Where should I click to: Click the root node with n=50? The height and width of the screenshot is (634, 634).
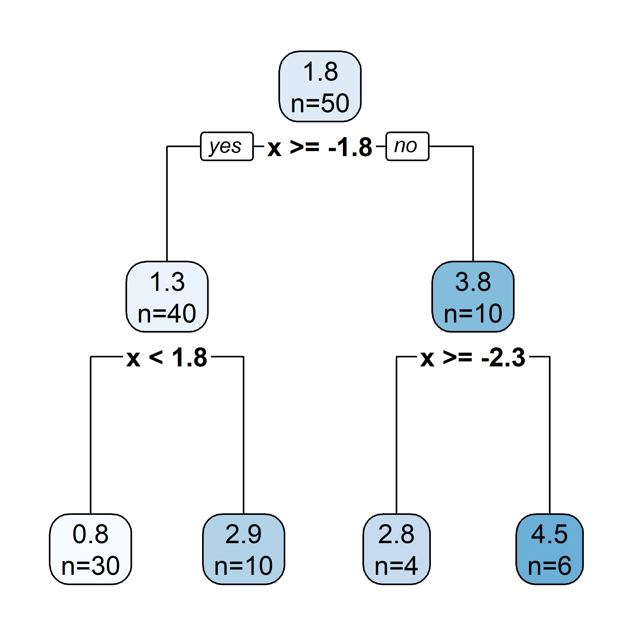[320, 87]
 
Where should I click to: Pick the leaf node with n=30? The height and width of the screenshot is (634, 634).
[91, 549]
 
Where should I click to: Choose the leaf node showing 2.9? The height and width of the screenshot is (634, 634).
[244, 549]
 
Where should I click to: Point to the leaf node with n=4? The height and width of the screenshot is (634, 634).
[397, 549]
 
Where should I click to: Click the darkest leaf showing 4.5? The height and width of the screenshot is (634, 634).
[549, 549]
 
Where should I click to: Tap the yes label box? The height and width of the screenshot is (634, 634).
[227, 146]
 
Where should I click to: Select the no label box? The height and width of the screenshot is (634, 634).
[407, 146]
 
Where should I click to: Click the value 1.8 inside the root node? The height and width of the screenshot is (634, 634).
[320, 72]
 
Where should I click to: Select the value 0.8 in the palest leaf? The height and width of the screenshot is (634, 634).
[91, 534]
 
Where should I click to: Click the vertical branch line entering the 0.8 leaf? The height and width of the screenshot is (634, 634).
[91, 436]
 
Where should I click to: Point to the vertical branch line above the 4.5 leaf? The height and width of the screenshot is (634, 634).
[550, 436]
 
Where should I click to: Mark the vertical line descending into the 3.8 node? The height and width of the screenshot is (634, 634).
[473, 203]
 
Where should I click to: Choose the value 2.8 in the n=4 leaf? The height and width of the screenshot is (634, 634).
[397, 534]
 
